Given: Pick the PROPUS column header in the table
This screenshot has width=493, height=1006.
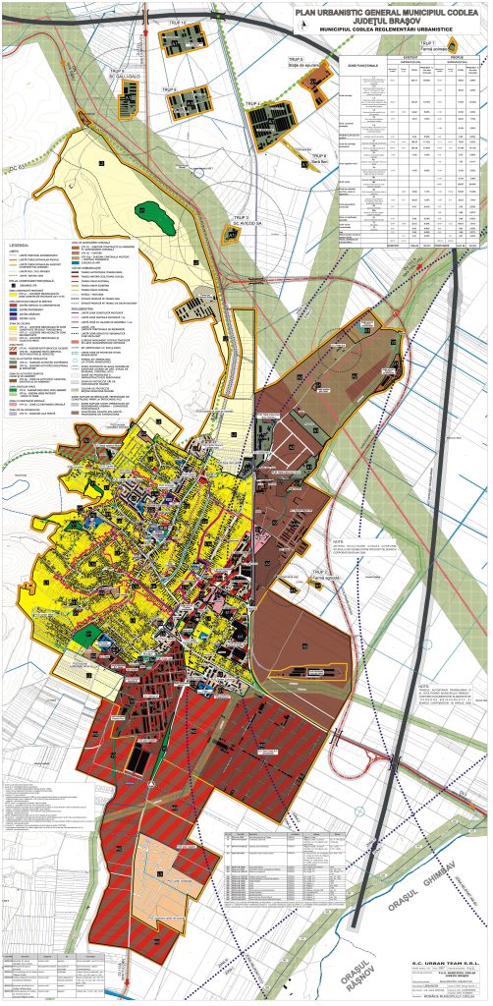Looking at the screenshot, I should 458,56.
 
